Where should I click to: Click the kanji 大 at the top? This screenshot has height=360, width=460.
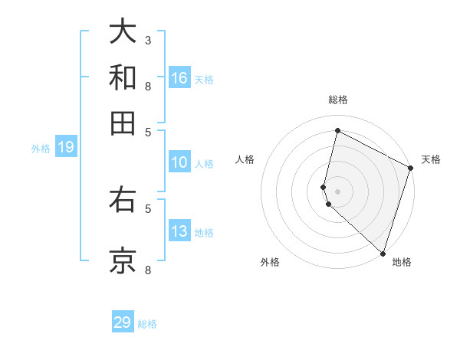coord(123,31)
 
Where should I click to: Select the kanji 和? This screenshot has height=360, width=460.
coord(123,77)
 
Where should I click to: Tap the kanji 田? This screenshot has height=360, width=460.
coord(123,123)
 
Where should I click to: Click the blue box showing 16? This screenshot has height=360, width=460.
coord(179,77)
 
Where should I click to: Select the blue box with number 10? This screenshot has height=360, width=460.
coord(179,162)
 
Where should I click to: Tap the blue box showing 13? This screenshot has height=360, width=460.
coord(179,231)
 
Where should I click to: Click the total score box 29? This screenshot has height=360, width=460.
coord(123,322)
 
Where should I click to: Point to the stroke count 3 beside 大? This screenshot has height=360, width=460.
coord(148,39)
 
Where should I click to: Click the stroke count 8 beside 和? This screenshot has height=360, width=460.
coord(148,86)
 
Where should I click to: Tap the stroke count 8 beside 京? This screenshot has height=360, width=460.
coord(148,270)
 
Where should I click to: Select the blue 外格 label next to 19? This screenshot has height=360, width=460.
coord(41,149)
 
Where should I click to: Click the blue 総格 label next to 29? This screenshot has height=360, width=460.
coord(147,324)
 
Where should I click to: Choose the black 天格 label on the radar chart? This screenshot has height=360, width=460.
coord(431,159)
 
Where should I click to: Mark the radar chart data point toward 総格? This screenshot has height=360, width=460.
coord(337,130)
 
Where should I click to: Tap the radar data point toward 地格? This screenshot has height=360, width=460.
coord(383,253)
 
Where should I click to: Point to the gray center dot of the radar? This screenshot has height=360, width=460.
coord(337,191)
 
